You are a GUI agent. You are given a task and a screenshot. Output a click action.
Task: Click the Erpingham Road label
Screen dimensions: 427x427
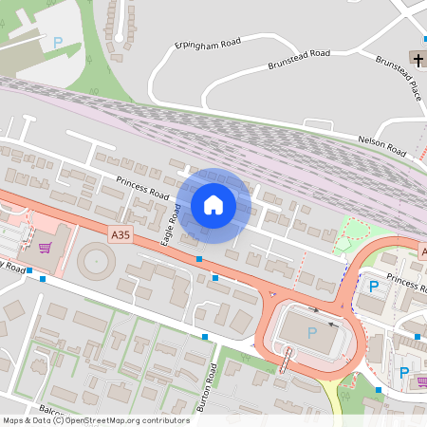tap(208, 44)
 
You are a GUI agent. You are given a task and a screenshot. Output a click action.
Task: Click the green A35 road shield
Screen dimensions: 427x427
tap(121, 234)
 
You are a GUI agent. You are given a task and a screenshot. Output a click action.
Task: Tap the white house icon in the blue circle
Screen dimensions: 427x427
tap(213, 205)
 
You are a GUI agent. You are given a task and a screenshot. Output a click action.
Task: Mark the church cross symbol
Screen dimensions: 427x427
tap(418, 58)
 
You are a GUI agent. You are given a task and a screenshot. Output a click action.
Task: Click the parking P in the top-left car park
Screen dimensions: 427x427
tap(57, 42)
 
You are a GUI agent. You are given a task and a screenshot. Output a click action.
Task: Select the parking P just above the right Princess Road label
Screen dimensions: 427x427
tap(373, 285)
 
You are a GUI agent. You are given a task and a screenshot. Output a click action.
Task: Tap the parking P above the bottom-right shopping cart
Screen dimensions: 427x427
tap(404, 372)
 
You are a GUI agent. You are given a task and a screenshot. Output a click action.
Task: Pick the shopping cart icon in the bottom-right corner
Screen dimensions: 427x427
tap(420, 382)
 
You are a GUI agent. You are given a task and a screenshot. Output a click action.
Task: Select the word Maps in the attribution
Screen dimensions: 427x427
tap(13, 419)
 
